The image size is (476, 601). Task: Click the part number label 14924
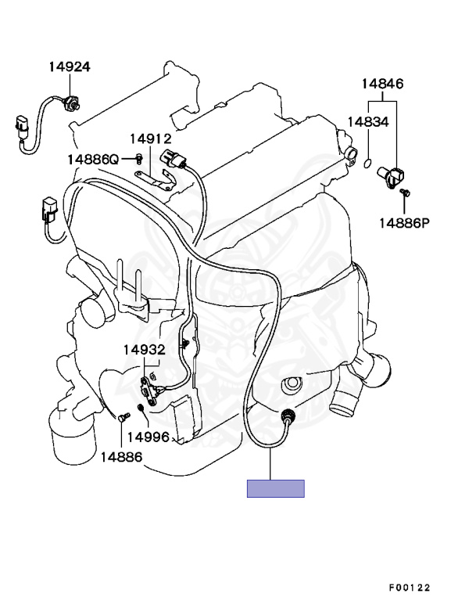coord(69,67)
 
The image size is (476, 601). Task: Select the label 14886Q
coord(92,159)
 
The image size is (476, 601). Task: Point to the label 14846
coord(382,84)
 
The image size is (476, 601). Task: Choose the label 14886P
coord(405,223)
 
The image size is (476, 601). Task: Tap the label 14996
coord(148,437)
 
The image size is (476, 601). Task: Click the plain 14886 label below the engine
coord(121,455)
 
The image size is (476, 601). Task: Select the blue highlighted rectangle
coord(275,488)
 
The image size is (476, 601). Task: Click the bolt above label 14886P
coord(405,192)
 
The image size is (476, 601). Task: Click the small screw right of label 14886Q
coord(138,159)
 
